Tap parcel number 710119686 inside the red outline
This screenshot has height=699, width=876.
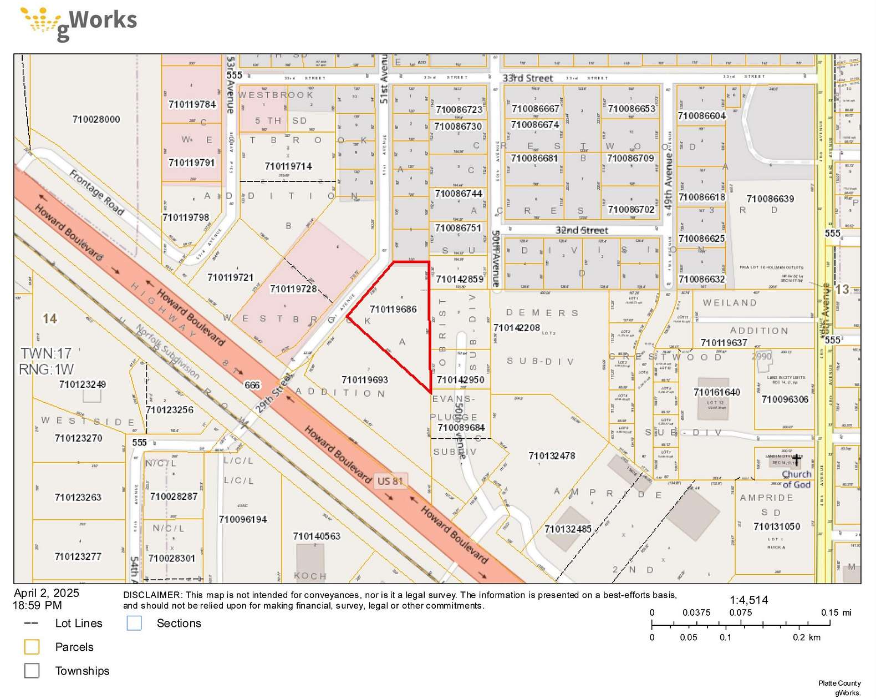point(393,309)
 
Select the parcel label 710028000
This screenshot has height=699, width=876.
point(96,119)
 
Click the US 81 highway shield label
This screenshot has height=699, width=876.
point(390,481)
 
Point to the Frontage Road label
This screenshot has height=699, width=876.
point(96,192)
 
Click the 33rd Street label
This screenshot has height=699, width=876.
point(527,78)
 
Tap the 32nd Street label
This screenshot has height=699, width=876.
point(582,230)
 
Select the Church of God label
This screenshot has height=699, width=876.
point(796,479)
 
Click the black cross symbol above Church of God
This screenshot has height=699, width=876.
point(796,460)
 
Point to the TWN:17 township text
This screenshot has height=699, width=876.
point(46,353)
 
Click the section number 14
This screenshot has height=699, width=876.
point(50,318)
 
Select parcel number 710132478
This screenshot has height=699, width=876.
point(552,455)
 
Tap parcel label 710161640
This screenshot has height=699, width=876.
point(716,392)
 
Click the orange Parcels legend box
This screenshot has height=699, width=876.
point(32,647)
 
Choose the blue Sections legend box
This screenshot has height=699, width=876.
point(134,623)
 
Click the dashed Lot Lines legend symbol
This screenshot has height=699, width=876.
point(32,624)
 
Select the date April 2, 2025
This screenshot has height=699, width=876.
point(47,593)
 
